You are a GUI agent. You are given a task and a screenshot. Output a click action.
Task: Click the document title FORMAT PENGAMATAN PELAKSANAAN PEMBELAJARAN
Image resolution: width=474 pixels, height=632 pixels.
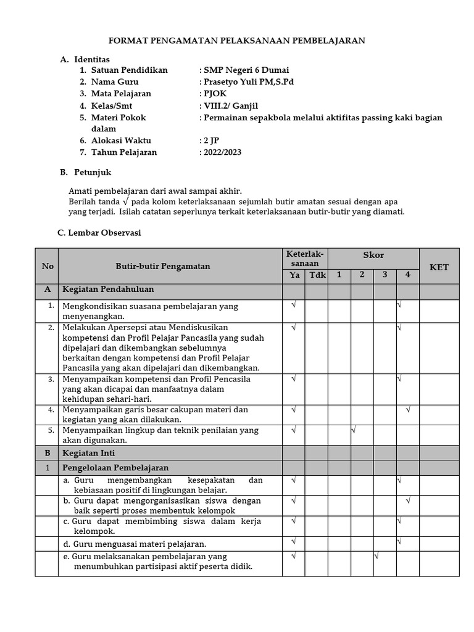pyautogui.click(x=237, y=41)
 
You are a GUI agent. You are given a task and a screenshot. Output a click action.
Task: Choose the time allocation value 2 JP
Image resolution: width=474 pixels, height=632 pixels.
pyautogui.click(x=210, y=140)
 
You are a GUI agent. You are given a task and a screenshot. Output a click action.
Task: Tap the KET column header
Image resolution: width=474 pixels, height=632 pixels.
pyautogui.click(x=439, y=267)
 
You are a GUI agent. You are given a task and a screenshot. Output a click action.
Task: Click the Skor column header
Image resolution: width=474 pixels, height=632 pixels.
pyautogui.click(x=373, y=256)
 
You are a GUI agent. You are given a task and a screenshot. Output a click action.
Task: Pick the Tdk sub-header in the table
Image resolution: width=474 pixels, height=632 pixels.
pyautogui.click(x=317, y=275)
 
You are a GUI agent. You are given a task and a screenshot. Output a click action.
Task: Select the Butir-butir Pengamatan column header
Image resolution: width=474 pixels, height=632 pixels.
pyautogui.click(x=163, y=267)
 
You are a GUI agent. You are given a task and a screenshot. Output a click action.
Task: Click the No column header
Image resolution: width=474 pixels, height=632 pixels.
pyautogui.click(x=48, y=267)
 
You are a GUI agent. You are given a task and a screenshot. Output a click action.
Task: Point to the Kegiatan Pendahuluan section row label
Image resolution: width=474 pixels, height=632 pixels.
pyautogui.click(x=107, y=289)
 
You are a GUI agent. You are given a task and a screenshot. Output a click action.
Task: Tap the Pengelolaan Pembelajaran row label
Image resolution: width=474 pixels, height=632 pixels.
pyautogui.click(x=115, y=468)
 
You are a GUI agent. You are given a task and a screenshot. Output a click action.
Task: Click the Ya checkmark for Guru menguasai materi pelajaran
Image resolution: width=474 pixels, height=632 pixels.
pyautogui.click(x=293, y=541)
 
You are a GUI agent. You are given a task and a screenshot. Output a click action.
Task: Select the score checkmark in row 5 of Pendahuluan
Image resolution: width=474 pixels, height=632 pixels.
pyautogui.click(x=354, y=430)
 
